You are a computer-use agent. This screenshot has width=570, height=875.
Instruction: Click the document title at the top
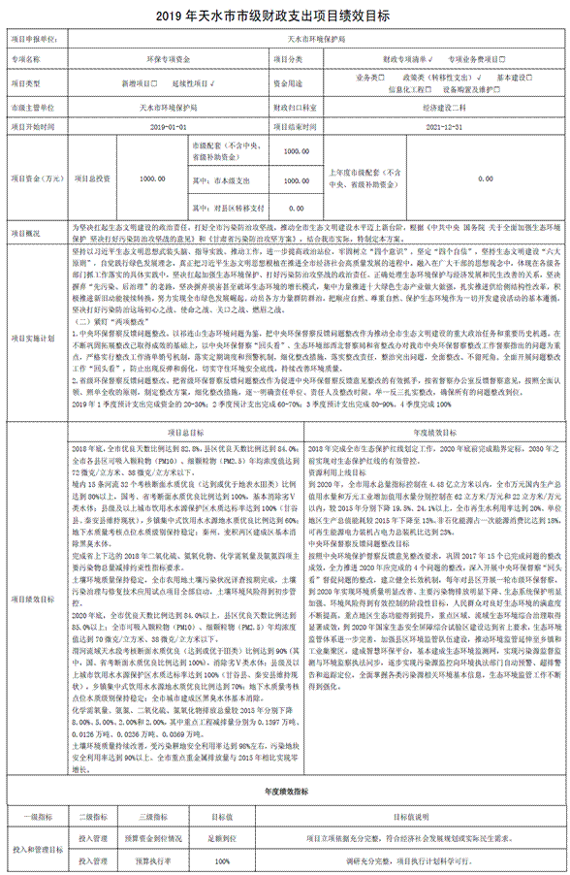click(284, 16)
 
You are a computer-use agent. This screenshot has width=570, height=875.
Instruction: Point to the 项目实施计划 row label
click(39, 338)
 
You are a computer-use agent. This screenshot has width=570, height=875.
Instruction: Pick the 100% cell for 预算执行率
click(222, 859)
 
